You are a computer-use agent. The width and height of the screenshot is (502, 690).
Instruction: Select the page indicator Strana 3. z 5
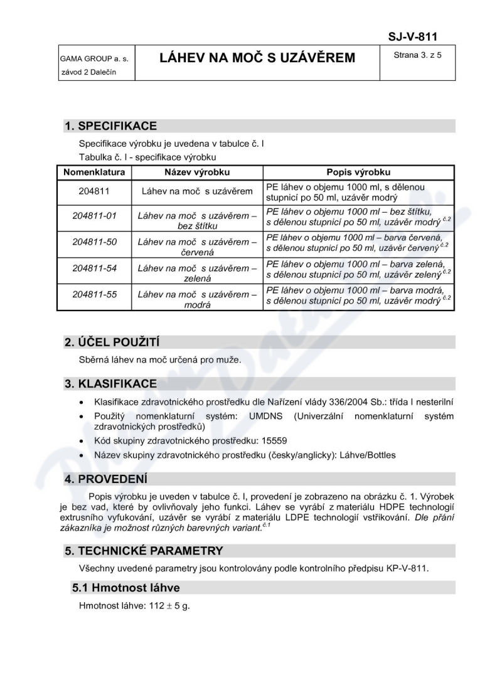point(417,55)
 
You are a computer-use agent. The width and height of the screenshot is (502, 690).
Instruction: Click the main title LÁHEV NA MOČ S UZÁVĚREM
point(257,58)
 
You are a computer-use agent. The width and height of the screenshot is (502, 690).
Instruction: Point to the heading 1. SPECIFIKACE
point(110,126)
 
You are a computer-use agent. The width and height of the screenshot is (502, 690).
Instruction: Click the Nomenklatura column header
point(94,172)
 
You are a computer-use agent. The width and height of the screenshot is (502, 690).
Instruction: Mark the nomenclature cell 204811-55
point(95,294)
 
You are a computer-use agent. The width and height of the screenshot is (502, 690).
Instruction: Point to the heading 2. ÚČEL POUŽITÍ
point(112,342)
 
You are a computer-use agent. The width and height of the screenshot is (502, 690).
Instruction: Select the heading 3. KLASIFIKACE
point(110,383)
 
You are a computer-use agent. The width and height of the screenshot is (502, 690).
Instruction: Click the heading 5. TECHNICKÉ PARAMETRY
point(144,551)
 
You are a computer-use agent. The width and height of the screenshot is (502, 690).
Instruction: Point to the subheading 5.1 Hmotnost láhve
point(125,588)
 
